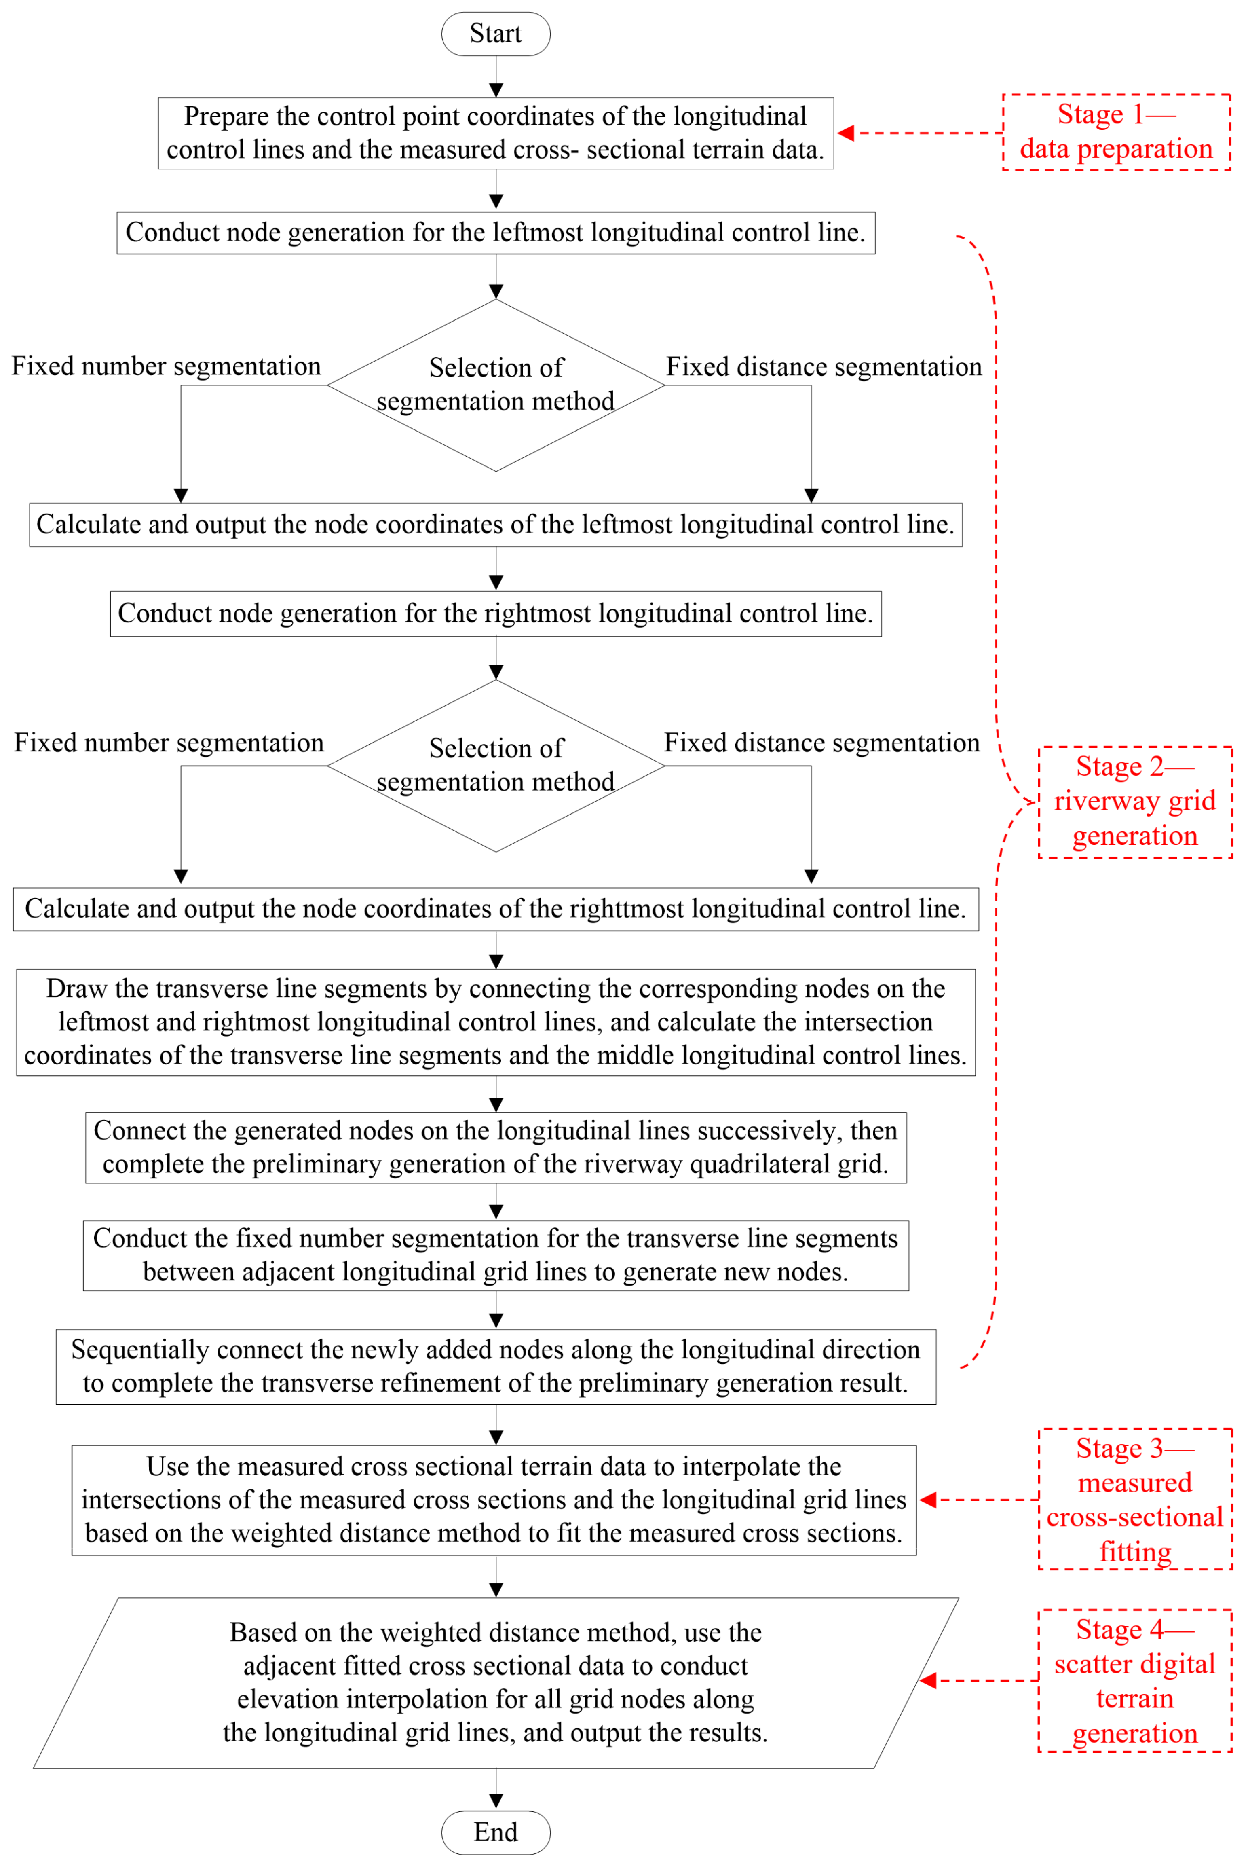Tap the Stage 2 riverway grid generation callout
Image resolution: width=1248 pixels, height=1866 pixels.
pyautogui.click(x=1135, y=802)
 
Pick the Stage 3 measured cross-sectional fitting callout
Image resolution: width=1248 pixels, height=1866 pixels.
pyautogui.click(x=1135, y=1500)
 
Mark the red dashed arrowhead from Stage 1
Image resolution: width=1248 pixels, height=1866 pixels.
pyautogui.click(x=845, y=133)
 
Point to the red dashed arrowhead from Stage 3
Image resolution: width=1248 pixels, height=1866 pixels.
pyautogui.click(x=927, y=1500)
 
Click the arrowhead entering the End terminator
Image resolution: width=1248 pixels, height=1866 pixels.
pyautogui.click(x=496, y=1801)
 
